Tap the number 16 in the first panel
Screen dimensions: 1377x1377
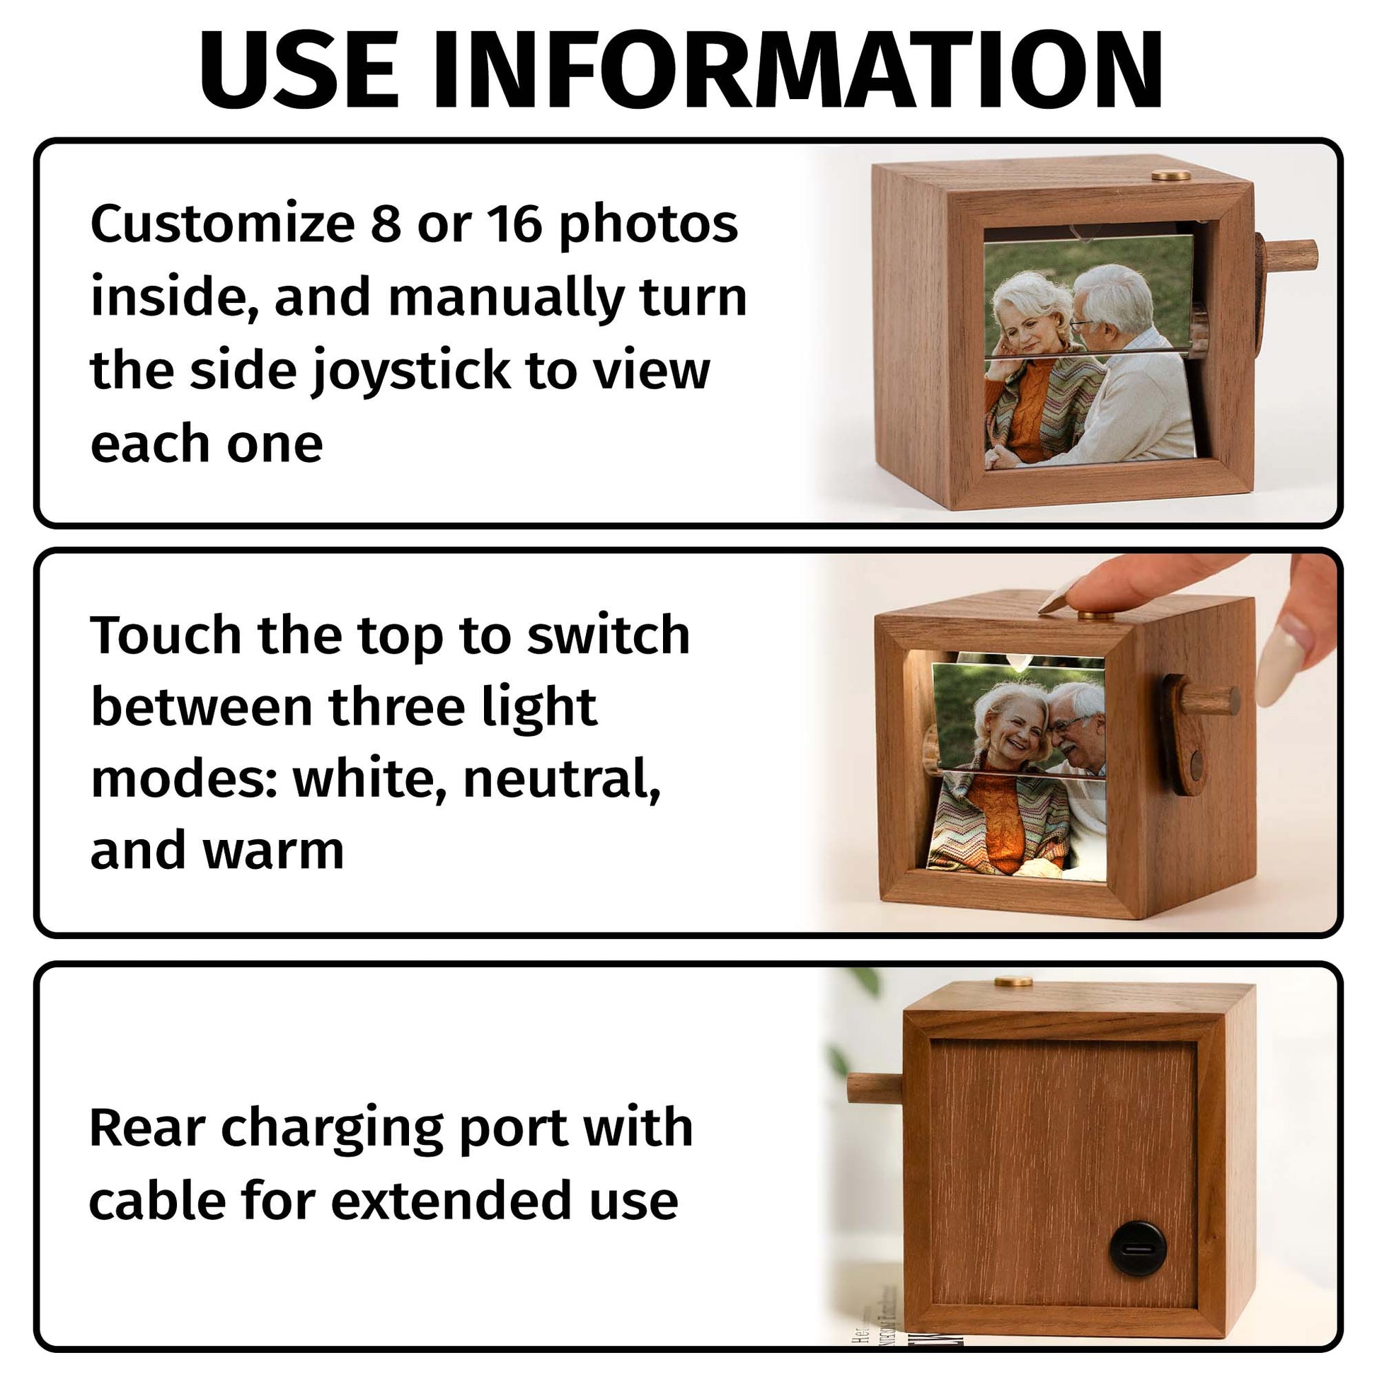[514, 223]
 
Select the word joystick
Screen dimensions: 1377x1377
[411, 371]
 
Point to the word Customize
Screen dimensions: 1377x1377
[222, 223]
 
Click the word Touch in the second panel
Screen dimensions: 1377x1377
[166, 634]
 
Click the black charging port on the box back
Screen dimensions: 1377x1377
[1138, 1251]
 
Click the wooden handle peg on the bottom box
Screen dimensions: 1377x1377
[875, 1089]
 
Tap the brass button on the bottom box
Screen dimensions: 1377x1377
[1013, 982]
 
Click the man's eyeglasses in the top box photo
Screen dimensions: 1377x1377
[1083, 324]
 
